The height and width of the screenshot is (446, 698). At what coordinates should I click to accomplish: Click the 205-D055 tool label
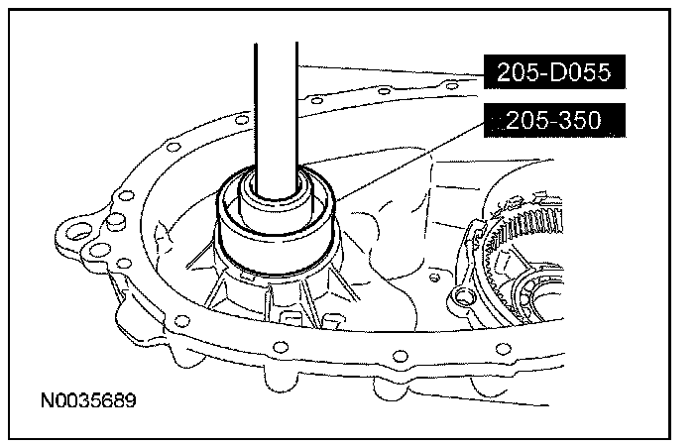(x=554, y=72)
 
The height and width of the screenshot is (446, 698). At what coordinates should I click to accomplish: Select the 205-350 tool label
(x=554, y=120)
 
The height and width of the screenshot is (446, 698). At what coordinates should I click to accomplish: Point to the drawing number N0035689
(x=88, y=400)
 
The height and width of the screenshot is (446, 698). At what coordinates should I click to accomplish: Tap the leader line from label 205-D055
(x=391, y=71)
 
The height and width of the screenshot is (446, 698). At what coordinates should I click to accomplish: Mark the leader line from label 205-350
(x=409, y=162)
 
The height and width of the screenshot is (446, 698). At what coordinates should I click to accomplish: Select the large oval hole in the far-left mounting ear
(x=77, y=232)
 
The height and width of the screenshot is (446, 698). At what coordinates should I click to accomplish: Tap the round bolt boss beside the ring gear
(x=463, y=296)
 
